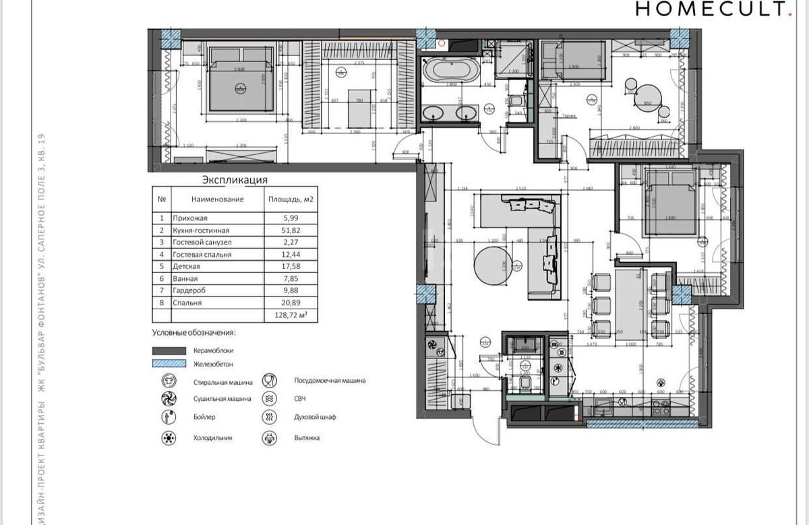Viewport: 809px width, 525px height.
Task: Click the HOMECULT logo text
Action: (x=711, y=9)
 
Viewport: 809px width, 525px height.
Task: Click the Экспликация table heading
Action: (x=235, y=180)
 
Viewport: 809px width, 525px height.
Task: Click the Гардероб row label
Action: (x=189, y=291)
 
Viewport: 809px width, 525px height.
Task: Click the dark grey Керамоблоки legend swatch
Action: (x=169, y=350)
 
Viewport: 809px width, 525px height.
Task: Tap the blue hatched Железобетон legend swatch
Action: (x=169, y=363)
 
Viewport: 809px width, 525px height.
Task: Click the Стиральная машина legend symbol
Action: (x=167, y=381)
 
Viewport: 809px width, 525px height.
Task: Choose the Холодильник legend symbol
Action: (x=167, y=437)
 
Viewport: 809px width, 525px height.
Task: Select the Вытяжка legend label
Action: (x=307, y=437)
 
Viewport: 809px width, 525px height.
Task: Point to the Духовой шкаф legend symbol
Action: (x=270, y=417)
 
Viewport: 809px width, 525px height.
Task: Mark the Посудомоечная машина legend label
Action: (x=330, y=380)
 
